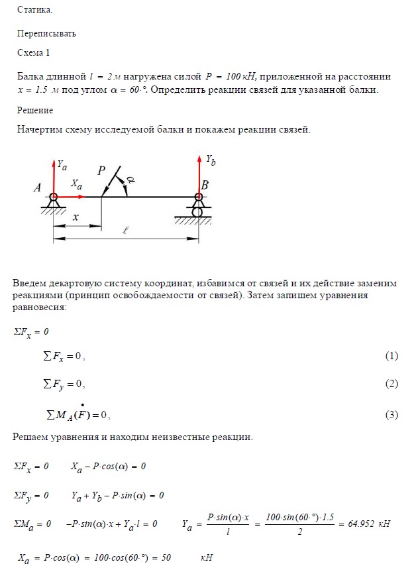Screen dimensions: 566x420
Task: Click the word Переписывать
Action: tap(47, 32)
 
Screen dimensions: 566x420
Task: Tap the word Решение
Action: tap(35, 110)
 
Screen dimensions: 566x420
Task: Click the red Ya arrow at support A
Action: tap(53, 176)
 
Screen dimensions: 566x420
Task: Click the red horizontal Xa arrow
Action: tap(71, 196)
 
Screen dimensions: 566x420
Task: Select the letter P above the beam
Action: tap(101, 171)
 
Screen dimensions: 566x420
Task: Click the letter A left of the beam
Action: tap(37, 189)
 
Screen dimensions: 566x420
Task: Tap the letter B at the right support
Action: tap(205, 186)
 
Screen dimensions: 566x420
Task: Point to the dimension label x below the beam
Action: tap(76, 217)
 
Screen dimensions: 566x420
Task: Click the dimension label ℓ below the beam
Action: tap(125, 231)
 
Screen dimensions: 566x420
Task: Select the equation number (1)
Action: tap(392, 357)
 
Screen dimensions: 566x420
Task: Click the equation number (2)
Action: tap(392, 384)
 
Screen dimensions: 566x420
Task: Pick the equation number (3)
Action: tap(392, 416)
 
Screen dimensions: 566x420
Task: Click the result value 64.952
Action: tap(362, 524)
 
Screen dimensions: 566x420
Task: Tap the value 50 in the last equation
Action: tap(165, 557)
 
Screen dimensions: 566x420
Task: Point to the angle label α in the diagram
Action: tap(131, 180)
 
